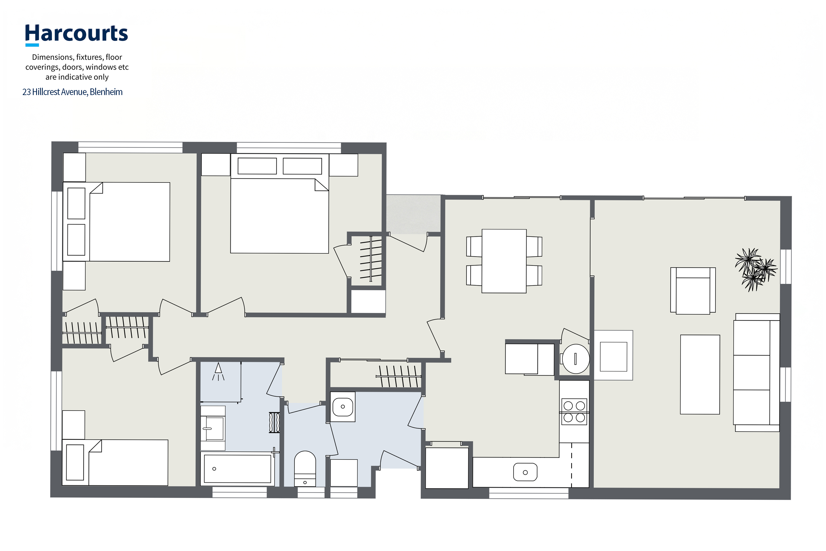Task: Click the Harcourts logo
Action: pyautogui.click(x=76, y=35)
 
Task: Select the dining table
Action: pyautogui.click(x=504, y=261)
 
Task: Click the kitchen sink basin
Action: pyautogui.click(x=525, y=472)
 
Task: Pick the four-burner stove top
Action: pyautogui.click(x=574, y=412)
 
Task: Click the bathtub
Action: pyautogui.click(x=237, y=469)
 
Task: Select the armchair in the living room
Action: pyautogui.click(x=693, y=291)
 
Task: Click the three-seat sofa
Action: pyautogui.click(x=756, y=372)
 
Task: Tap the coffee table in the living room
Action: pyautogui.click(x=700, y=374)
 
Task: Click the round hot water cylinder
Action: pyautogui.click(x=576, y=358)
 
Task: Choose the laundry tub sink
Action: pyautogui.click(x=343, y=407)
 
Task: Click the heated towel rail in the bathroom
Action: pyautogui.click(x=274, y=422)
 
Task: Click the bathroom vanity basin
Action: pyautogui.click(x=213, y=428)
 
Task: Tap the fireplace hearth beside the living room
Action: pyautogui.click(x=613, y=355)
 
